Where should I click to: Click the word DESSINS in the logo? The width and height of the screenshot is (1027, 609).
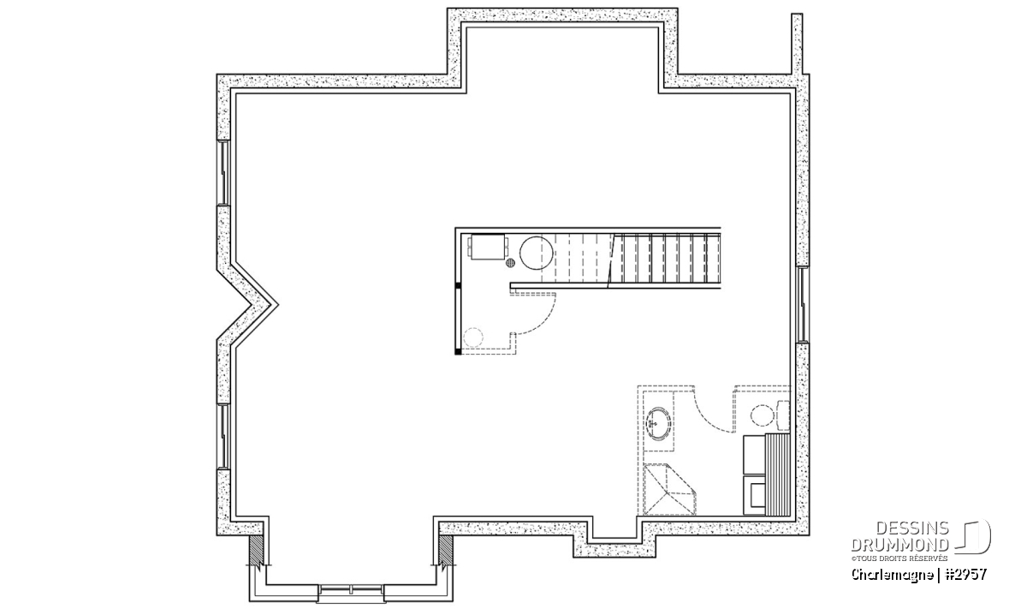pos(912,528)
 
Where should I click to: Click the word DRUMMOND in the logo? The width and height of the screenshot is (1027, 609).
pos(899,545)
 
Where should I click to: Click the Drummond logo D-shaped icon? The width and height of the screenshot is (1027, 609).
pos(973,536)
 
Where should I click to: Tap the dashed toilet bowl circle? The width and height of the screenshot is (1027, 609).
pos(762,415)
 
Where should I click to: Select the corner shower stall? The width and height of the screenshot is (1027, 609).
pos(669,490)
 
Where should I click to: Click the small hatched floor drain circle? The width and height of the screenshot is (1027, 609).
pos(510,263)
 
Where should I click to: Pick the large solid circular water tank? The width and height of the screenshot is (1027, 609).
pos(537,253)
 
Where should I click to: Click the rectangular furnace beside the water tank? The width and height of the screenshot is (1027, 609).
pos(488,248)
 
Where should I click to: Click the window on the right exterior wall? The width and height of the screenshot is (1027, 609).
pos(803,304)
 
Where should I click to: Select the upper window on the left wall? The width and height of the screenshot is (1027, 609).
pos(223,172)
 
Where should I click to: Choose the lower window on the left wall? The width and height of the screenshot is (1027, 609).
pos(223,437)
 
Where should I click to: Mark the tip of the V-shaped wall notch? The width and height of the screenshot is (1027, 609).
pos(277,304)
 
